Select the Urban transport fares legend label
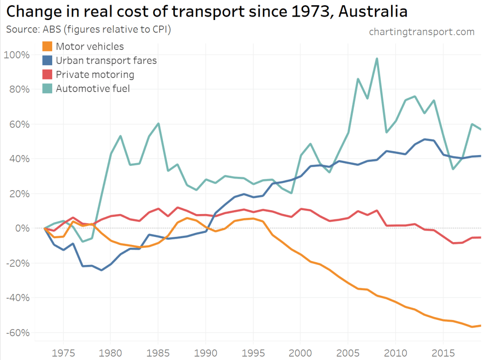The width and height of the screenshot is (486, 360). pyautogui.click(x=106, y=60)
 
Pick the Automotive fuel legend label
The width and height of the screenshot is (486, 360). pyautogui.click(x=93, y=88)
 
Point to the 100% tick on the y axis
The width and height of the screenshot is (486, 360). pyautogui.click(x=17, y=55)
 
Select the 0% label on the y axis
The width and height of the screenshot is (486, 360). pyautogui.click(x=22, y=228)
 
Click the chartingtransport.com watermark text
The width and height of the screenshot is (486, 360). pyautogui.click(x=421, y=32)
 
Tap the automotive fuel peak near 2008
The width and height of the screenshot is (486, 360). pyautogui.click(x=377, y=58)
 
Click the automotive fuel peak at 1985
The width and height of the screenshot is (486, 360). pyautogui.click(x=158, y=124)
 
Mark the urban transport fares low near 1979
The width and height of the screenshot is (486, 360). pyautogui.click(x=101, y=270)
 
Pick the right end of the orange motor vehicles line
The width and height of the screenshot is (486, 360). pyautogui.click(x=481, y=325)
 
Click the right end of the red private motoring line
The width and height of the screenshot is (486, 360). pyautogui.click(x=481, y=237)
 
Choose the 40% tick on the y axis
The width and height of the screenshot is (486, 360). pyautogui.click(x=19, y=159)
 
